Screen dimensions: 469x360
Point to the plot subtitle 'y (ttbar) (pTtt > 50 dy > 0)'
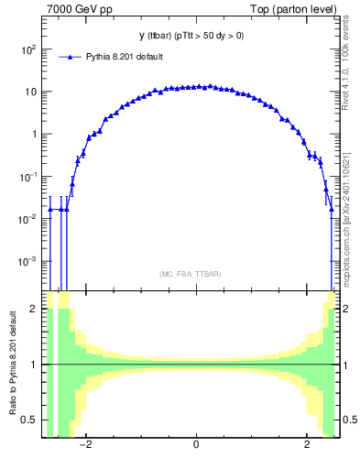(197, 36)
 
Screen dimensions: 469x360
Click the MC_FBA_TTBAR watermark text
(196, 274)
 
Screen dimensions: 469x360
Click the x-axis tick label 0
(196, 445)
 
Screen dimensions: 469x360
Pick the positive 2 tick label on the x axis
(307, 445)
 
